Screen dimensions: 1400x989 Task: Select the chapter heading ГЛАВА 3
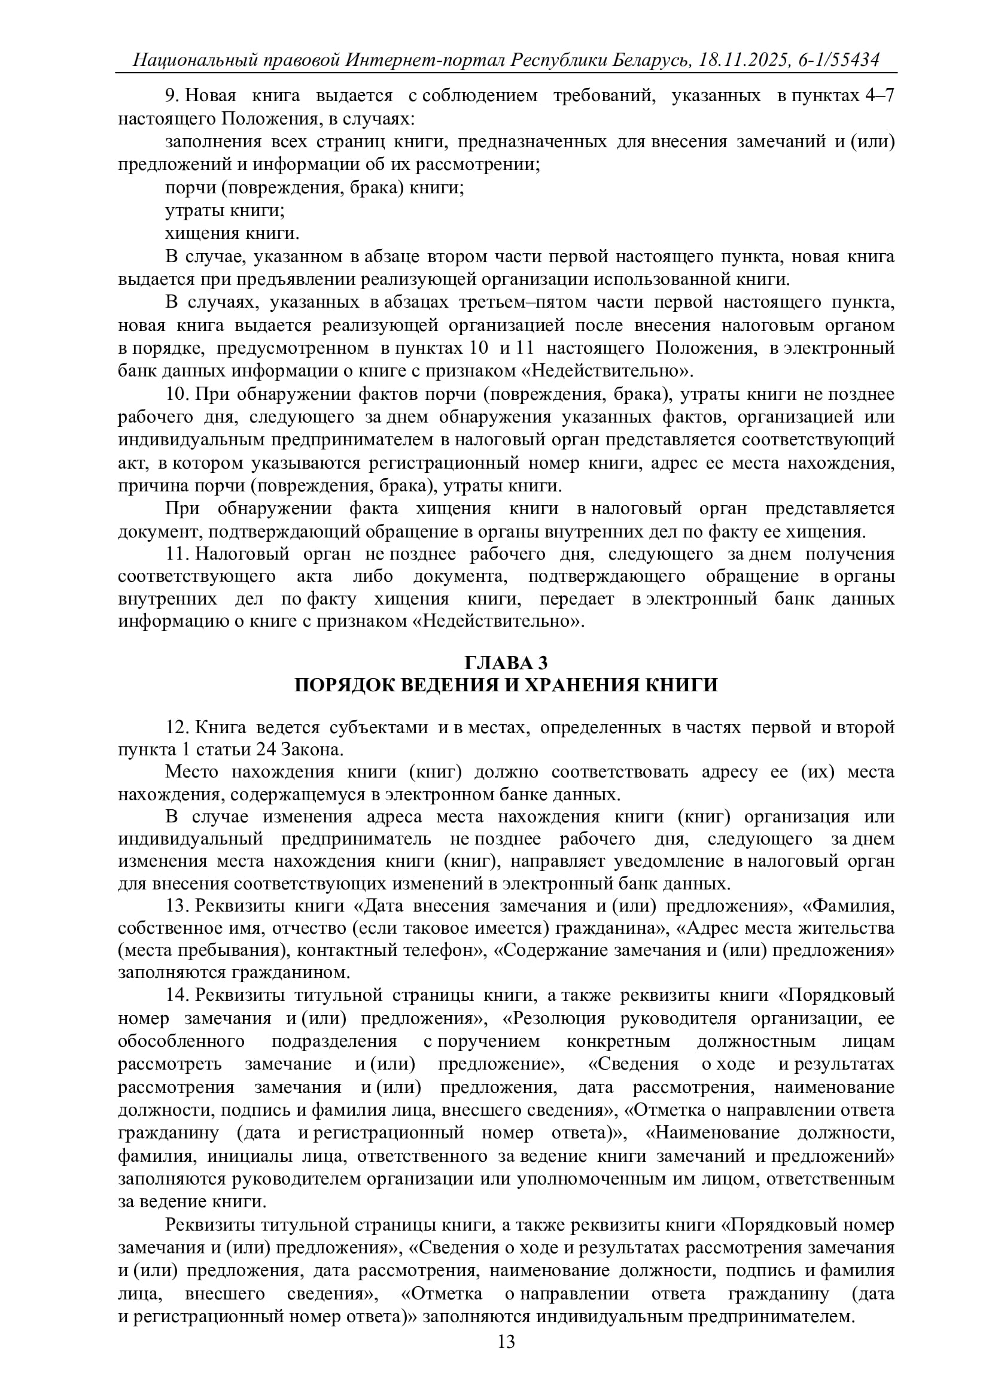pyautogui.click(x=506, y=662)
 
